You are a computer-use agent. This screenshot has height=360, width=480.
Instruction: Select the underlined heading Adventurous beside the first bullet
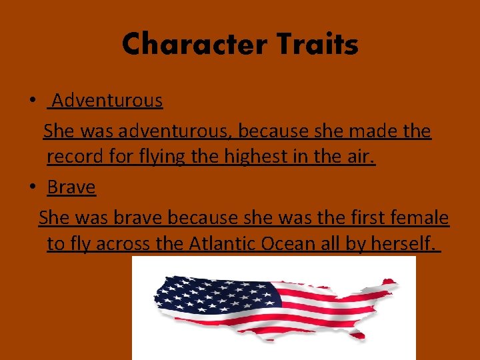coord(107,101)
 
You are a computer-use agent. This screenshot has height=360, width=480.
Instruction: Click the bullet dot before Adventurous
coord(32,101)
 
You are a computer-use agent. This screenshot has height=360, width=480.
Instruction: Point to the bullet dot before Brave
coord(32,188)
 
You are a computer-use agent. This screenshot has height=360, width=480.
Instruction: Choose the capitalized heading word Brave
coord(71,187)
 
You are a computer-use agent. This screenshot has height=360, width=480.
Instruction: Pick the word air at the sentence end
coord(361,157)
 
